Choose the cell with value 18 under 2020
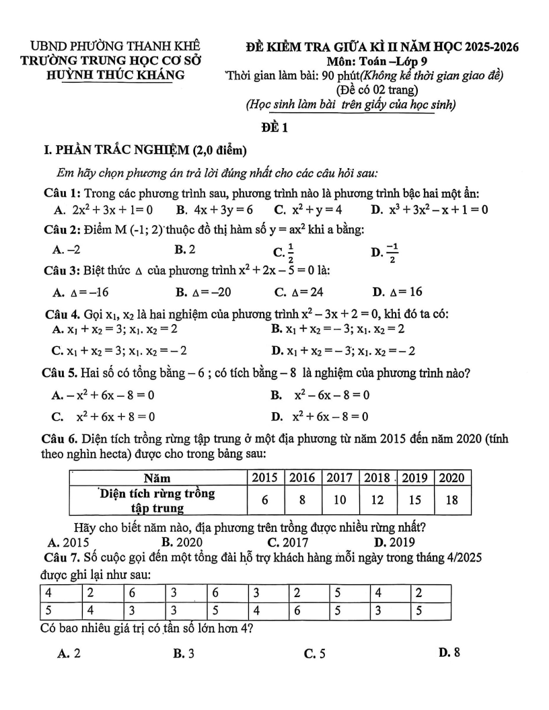453,500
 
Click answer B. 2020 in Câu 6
182,541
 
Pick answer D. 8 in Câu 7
449,652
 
